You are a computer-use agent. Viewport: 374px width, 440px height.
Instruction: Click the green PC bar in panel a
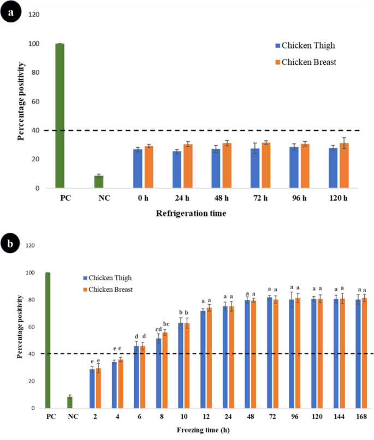60,116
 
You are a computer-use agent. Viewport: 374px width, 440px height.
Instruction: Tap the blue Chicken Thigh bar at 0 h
138,168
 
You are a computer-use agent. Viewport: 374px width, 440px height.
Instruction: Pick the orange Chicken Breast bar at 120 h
344,165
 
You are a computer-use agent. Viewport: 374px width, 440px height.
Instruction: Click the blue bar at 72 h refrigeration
255,168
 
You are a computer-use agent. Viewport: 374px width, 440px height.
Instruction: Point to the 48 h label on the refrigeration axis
222,198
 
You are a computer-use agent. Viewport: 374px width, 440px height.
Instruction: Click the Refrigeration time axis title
191,214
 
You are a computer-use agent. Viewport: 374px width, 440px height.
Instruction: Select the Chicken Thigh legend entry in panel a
305,45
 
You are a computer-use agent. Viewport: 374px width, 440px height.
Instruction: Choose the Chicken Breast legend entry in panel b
108,290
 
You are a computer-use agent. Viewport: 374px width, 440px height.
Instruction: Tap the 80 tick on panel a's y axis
35,73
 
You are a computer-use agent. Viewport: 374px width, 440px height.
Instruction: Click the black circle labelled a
11,12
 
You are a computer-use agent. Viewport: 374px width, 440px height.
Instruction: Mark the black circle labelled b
10,243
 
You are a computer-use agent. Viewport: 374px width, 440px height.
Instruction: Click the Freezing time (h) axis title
203,430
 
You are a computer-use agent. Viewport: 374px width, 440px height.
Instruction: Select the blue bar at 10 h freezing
181,365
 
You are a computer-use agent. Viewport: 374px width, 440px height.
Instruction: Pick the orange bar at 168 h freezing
365,353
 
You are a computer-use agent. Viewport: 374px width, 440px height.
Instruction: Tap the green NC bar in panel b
70,402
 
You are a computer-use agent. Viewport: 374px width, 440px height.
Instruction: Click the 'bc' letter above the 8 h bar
167,324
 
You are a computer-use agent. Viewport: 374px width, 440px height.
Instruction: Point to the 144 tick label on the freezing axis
339,417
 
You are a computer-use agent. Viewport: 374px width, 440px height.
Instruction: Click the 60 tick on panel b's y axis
31,327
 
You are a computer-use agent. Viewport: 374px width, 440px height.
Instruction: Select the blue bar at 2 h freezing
92,389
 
